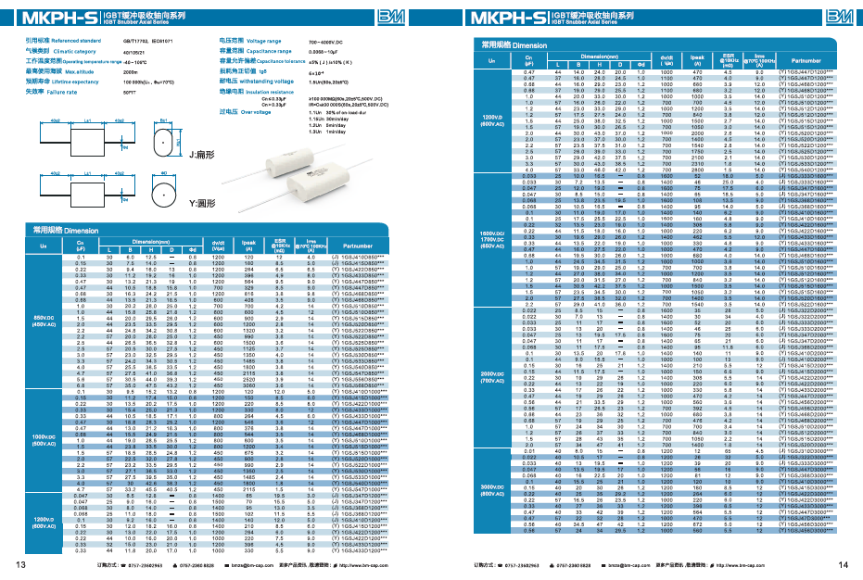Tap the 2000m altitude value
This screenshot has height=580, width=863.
(x=130, y=71)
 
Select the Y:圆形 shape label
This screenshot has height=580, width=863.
(x=202, y=202)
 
